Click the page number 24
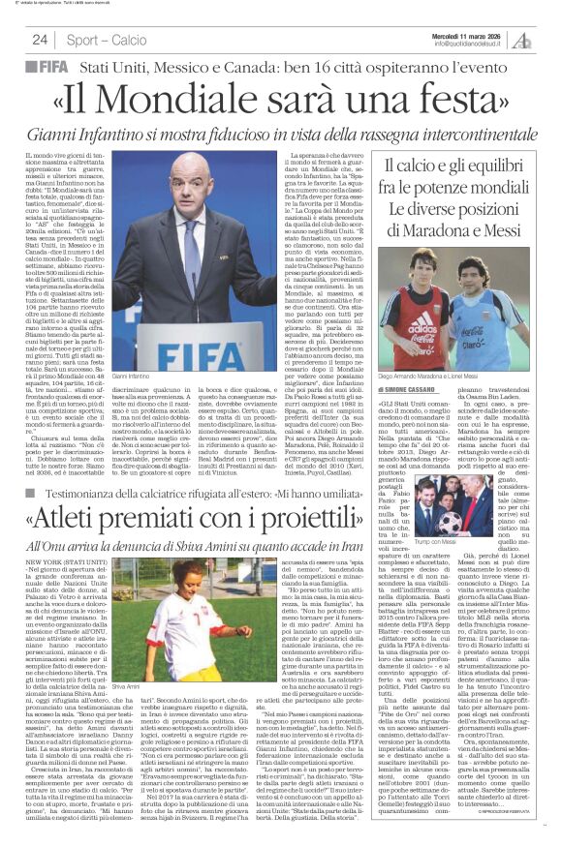click(x=40, y=40)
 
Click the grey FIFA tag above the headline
click(x=48, y=67)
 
